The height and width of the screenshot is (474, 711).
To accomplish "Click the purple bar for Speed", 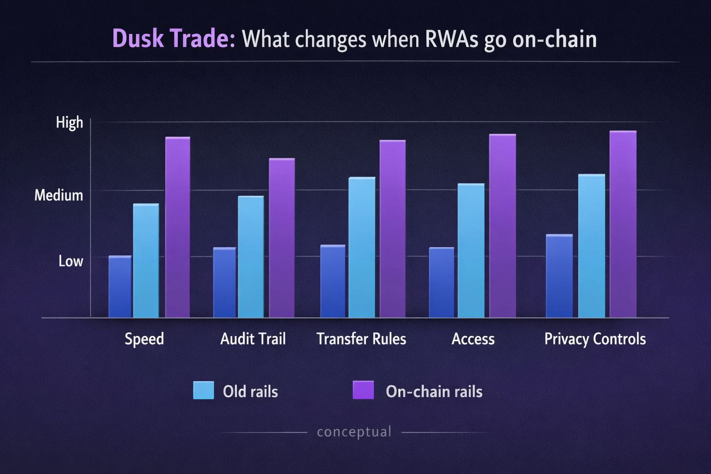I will click(x=178, y=227).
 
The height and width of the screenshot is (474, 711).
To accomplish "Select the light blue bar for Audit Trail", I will click(x=251, y=256).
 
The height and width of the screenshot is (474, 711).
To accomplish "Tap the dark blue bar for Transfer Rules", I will click(x=333, y=281).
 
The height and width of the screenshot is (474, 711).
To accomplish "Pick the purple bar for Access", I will click(x=502, y=225).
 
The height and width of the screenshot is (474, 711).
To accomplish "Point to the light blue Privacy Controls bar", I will click(x=592, y=246).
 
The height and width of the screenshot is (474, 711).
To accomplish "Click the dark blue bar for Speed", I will click(x=120, y=287).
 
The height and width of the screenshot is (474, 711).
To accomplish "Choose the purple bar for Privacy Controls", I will click(x=623, y=224).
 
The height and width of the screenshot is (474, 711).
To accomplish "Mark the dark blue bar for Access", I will click(x=442, y=282).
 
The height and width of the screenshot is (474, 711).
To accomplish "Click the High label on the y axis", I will click(x=69, y=123).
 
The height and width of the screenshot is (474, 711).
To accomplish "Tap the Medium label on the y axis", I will click(x=59, y=195).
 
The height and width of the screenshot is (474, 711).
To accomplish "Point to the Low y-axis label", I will click(x=71, y=261).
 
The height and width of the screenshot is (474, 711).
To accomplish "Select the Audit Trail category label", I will click(x=253, y=339).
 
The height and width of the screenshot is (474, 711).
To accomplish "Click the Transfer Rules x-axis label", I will click(x=362, y=339).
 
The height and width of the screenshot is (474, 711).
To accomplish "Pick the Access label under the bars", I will click(x=473, y=339).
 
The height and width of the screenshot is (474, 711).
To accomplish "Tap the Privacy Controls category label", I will click(x=595, y=339).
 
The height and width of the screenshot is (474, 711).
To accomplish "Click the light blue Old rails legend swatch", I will click(x=204, y=390).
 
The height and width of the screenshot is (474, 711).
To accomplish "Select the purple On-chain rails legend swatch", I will click(x=363, y=390).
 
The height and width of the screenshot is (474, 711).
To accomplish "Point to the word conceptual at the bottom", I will click(x=354, y=432).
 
